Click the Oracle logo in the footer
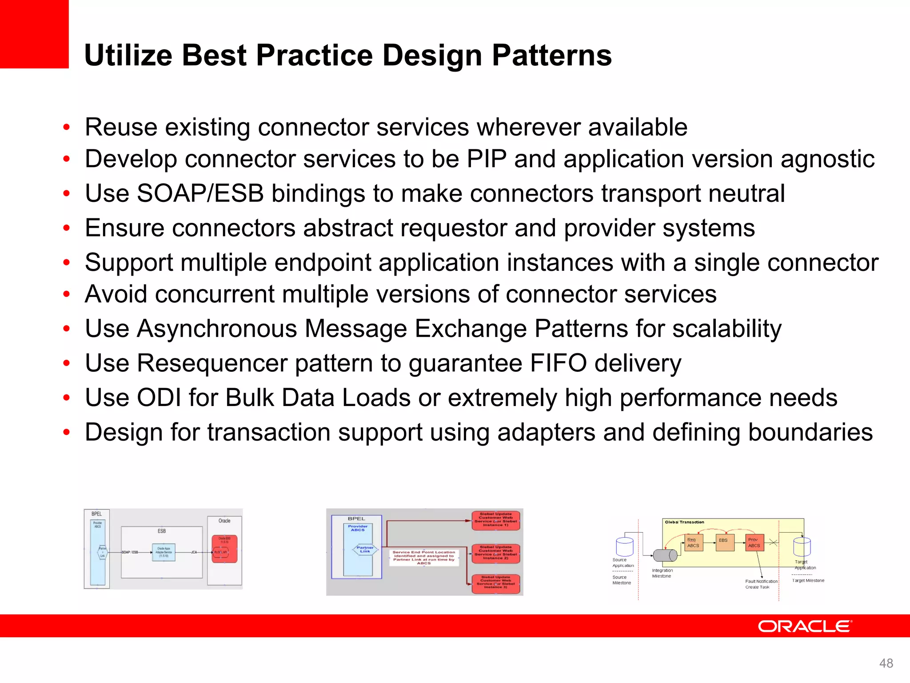805,626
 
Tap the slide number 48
886,663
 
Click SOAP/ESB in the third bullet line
200,194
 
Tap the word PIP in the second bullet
486,159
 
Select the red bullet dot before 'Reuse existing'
67,128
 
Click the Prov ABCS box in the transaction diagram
754,542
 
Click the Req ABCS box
693,542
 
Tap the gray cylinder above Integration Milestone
665,555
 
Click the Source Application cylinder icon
624,546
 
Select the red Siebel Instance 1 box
495,519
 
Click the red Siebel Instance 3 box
495,583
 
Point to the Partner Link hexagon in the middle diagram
365,550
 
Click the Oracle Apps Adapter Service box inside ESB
164,552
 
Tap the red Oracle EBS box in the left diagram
224,549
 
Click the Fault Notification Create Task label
761,584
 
